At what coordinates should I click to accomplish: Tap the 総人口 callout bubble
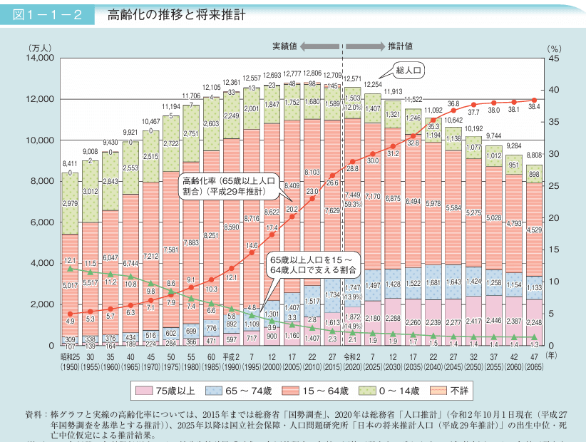coord(410,70)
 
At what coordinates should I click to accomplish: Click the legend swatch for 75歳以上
coord(143,390)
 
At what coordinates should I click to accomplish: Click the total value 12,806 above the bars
coord(312,73)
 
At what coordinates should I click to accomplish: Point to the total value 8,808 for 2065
coord(535,154)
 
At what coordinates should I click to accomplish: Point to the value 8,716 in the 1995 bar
coord(251,219)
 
